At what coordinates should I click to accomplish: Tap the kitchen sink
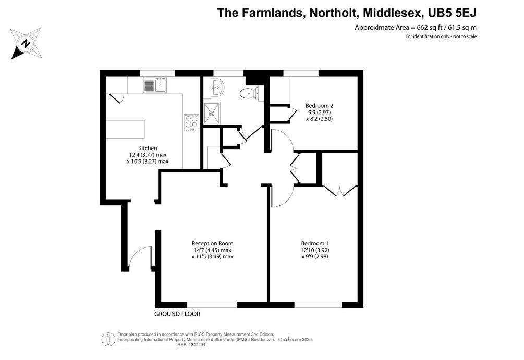point(155,84)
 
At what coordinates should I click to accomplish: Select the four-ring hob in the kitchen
point(191,121)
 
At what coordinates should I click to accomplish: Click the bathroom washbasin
point(215,88)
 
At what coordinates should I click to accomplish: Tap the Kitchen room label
point(148,148)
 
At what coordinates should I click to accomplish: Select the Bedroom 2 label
point(319,105)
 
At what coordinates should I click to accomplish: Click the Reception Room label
point(212,243)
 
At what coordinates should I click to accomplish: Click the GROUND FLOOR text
point(177,314)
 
